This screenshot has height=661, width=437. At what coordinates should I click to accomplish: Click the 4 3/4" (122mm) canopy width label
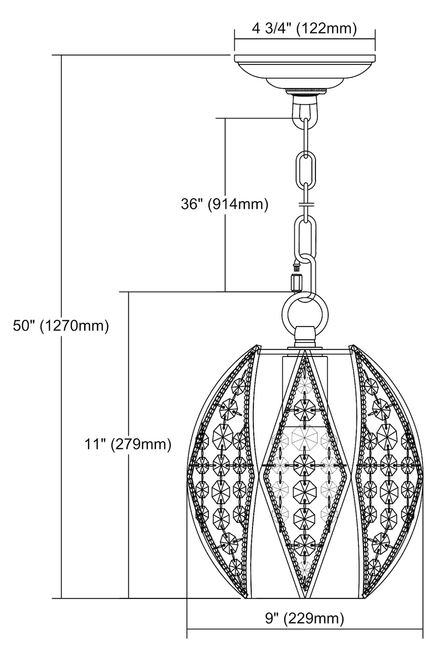tap(304, 29)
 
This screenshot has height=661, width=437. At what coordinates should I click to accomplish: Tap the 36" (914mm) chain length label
tap(225, 204)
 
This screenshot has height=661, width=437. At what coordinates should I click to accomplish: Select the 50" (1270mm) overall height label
tap(61, 326)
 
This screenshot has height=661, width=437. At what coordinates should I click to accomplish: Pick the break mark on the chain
tap(307, 204)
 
